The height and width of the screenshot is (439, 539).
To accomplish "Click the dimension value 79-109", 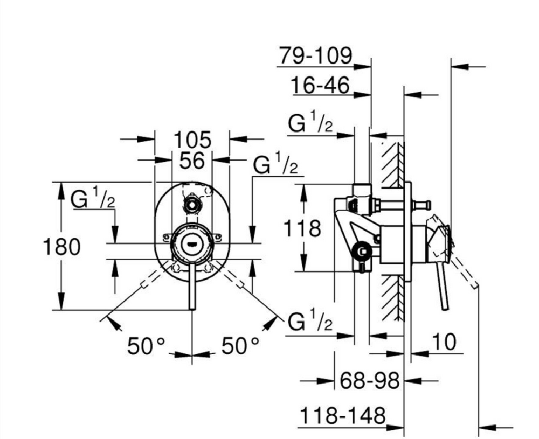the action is tap(315, 55).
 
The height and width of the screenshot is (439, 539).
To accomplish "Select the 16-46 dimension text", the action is tap(320, 85).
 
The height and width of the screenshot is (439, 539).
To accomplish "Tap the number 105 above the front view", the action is tap(192, 140).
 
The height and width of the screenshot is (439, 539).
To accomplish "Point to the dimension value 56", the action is tap(192, 161).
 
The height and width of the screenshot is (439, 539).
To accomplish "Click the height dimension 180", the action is tap(61, 247).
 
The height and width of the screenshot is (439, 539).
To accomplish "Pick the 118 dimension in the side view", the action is tap(302, 228).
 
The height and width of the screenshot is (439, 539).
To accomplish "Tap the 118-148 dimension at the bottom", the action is tap(343, 416).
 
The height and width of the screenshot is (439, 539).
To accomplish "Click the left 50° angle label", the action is tap(147, 346).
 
